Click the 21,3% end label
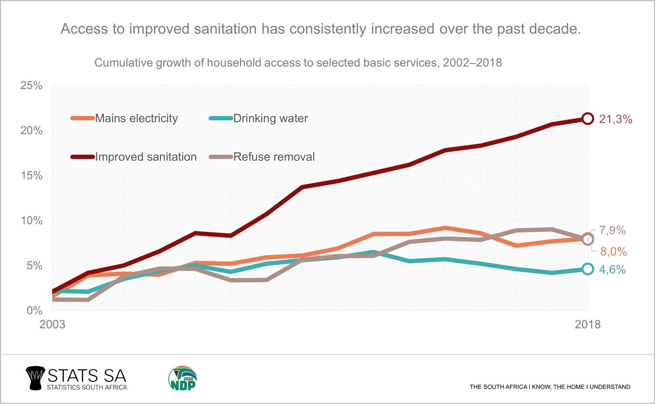click(615, 119)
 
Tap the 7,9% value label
click(612, 230)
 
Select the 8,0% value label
click(613, 252)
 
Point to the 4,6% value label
click(612, 270)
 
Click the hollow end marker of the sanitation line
click(587, 119)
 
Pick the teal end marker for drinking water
click(587, 269)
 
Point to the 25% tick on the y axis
click(32, 85)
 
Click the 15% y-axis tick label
click(32, 176)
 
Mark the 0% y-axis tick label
click(34, 310)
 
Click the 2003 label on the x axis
click(52, 324)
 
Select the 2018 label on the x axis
click(588, 324)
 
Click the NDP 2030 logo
click(183, 378)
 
